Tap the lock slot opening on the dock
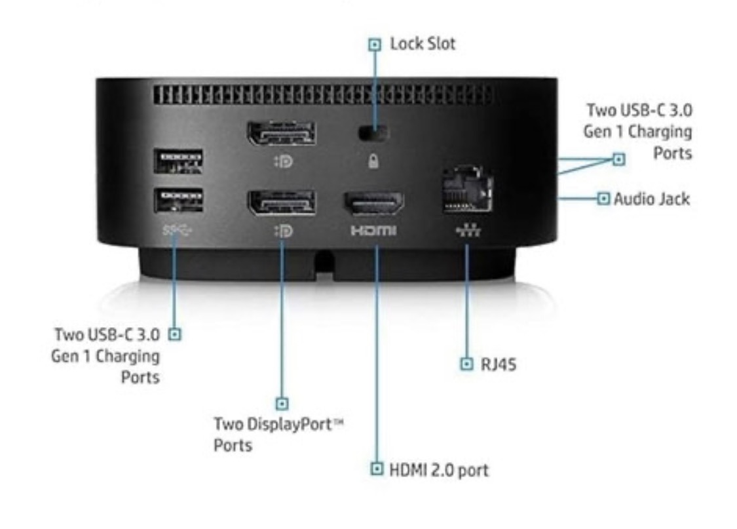point(373,132)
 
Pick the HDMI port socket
point(374,204)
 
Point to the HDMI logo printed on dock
point(374,231)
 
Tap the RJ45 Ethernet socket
point(466,191)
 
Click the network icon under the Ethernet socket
point(466,231)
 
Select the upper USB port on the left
point(178,161)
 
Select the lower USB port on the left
point(178,199)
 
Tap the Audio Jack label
point(651,198)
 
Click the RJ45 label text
point(499,364)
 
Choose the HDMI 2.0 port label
point(439,469)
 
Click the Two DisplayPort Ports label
point(279,434)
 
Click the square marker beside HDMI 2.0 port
point(377,469)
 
